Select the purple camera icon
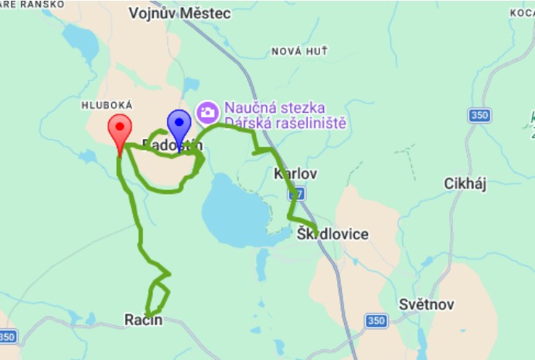206,113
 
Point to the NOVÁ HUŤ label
299,51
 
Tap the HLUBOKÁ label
107,104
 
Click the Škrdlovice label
332,234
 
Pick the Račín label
144,319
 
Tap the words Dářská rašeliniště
284,123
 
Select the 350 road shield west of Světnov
376,321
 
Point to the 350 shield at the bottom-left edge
6,337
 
